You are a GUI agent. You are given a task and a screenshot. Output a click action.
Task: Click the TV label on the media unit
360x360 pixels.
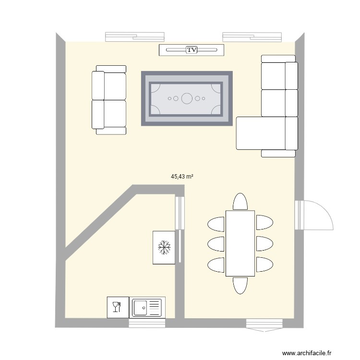click(192, 50)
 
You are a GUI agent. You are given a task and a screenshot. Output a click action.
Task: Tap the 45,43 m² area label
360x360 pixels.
click(182, 177)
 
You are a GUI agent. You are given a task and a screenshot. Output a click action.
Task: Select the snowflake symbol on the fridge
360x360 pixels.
click(164, 248)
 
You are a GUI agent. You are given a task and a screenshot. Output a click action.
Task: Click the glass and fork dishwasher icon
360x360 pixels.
click(117, 307)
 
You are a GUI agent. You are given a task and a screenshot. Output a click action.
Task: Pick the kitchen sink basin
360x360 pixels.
click(140, 308)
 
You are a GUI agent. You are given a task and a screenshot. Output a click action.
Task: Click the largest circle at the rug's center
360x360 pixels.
click(187, 98)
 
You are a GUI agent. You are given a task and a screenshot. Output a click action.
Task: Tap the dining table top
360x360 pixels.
click(240, 243)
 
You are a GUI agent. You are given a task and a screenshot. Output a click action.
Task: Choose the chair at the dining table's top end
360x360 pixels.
click(240, 201)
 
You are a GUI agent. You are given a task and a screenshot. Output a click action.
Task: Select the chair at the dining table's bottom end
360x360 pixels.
click(240, 286)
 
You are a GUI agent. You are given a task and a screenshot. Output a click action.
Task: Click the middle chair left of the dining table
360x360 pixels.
click(216, 244)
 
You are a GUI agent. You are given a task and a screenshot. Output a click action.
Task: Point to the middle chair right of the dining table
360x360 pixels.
click(264, 243)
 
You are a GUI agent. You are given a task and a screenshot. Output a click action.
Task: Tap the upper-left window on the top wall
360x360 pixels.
click(135, 37)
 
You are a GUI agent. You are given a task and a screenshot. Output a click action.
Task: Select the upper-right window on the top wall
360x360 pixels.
click(252, 37)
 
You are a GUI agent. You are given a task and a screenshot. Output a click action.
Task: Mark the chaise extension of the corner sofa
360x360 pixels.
click(261, 133)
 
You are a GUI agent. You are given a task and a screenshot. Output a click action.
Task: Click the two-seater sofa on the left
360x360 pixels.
click(109, 100)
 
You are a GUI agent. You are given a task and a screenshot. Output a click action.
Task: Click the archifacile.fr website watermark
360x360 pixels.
click(307, 353)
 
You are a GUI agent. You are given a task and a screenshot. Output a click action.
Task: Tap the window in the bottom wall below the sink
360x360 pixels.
click(147, 323)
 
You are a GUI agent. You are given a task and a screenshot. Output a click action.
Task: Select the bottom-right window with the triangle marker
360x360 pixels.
click(264, 325)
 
